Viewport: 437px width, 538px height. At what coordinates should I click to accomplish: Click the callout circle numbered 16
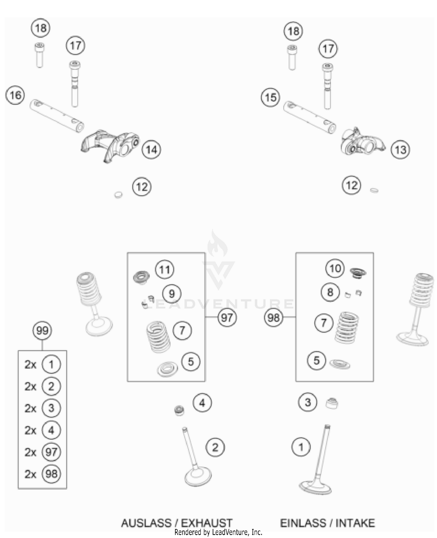coord(15,95)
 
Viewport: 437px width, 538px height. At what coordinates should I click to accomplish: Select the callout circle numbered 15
coord(270,97)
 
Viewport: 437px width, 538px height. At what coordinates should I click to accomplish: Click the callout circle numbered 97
coord(227,317)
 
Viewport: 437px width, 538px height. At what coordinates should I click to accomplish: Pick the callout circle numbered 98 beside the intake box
coord(273,317)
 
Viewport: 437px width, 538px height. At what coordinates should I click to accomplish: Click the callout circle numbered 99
coord(42,330)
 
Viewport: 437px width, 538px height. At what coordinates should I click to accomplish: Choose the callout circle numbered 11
coord(165,270)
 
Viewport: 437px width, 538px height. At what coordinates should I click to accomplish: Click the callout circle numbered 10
coord(335,268)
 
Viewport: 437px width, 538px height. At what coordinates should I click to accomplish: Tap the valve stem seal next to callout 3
coord(332,403)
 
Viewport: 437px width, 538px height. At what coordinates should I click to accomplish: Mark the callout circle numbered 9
coord(172,293)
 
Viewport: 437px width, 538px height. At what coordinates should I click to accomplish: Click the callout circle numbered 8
coord(330,292)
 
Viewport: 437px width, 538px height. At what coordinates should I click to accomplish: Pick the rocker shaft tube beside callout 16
coord(57,116)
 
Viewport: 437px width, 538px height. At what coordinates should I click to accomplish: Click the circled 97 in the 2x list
coord(51,452)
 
